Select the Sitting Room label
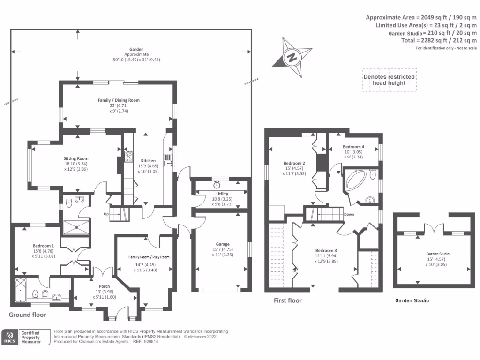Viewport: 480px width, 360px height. pos(76,158)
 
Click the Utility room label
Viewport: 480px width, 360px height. pos(222,193)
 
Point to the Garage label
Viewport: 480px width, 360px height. pos(222,244)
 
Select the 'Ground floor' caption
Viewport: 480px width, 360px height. pos(28,315)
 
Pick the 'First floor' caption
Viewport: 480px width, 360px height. pos(287,300)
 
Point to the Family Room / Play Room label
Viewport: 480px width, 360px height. pos(149,257)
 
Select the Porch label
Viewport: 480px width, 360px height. pos(104,286)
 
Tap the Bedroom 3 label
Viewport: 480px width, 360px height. pos(326,250)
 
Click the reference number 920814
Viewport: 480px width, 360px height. pos(150,342)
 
